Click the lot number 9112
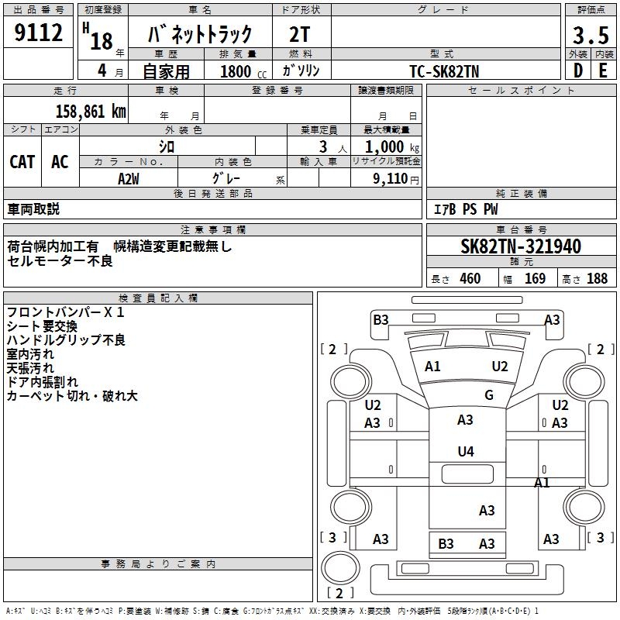(38, 33)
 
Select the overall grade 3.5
(591, 35)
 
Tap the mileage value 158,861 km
(91, 112)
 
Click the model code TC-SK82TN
(444, 71)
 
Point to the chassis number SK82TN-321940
(521, 246)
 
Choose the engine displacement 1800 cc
(243, 71)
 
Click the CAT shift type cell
(22, 162)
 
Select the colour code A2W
(129, 179)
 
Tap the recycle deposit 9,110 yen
(396, 179)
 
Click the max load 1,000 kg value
(391, 147)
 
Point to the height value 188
(597, 278)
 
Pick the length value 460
(470, 278)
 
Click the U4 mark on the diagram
(466, 451)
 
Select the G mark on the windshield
(489, 394)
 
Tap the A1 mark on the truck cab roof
(432, 367)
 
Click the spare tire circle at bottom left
(340, 567)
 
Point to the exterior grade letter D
(578, 71)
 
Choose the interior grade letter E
(604, 71)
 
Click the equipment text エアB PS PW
(466, 209)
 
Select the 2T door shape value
(300, 35)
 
